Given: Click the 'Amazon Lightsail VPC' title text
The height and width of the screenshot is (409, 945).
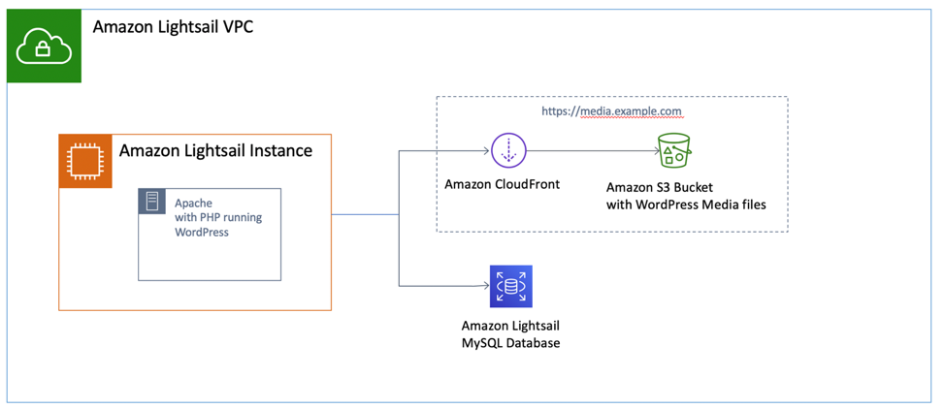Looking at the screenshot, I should [174, 26].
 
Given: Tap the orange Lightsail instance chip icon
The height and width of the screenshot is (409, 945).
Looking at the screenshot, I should [85, 161].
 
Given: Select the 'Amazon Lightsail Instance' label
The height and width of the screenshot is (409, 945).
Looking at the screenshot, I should [215, 150].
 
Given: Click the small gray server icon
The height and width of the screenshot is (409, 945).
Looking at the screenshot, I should [152, 202].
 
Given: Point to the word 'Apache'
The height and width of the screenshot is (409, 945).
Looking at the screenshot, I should [193, 204].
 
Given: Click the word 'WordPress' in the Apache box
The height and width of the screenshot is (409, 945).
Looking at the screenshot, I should [202, 233].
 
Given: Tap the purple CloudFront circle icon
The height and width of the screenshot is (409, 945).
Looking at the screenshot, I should [507, 151].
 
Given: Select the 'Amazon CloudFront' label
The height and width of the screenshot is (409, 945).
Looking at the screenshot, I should [502, 184].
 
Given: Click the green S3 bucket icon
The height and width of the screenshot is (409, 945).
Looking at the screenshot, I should [673, 151].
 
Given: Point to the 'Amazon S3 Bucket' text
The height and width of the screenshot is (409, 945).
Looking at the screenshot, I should [660, 187].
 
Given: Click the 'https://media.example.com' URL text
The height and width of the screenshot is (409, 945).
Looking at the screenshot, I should [612, 111].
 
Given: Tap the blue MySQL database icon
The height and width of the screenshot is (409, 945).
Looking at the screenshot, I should [510, 286].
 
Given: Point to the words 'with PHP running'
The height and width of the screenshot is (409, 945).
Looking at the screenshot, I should [218, 218].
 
